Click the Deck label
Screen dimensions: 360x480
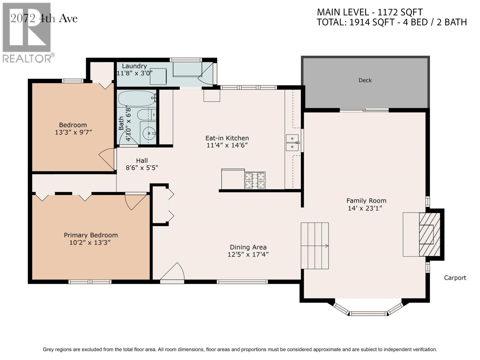click(x=365, y=80)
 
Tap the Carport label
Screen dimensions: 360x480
click(x=455, y=278)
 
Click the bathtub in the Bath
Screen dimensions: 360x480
click(x=136, y=98)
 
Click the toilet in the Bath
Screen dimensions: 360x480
click(x=146, y=115)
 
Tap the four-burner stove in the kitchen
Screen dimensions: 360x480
click(x=255, y=181)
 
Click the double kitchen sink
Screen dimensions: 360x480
click(x=292, y=142)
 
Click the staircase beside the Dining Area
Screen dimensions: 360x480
click(x=315, y=246)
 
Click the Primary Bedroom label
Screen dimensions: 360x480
click(x=91, y=235)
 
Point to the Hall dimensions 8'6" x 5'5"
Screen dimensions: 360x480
click(x=142, y=168)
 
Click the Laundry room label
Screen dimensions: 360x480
click(x=134, y=66)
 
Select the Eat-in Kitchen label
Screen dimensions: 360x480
click(x=227, y=138)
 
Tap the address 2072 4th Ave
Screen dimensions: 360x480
click(x=44, y=19)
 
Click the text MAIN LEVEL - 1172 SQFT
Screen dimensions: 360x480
click(x=370, y=12)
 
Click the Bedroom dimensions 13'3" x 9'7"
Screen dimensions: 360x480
click(x=73, y=132)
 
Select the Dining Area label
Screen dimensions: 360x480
click(x=248, y=247)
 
